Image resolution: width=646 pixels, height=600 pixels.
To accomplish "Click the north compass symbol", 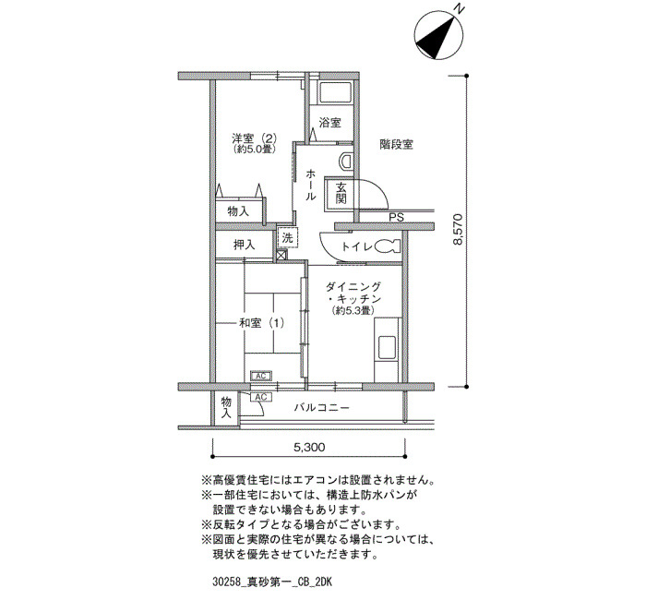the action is (x=439, y=34).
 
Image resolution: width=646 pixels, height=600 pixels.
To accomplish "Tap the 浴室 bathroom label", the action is (x=330, y=123).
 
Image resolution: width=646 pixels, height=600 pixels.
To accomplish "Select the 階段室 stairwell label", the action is (x=396, y=145).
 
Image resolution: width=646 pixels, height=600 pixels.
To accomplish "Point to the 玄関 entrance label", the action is (x=341, y=193).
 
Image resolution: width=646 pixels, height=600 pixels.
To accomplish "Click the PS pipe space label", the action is (x=397, y=218).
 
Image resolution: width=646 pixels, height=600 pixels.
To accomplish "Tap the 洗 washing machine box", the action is (x=288, y=237).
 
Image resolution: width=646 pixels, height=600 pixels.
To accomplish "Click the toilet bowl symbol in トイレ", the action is (x=388, y=246).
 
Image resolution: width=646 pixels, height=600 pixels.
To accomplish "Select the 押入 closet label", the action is (x=245, y=246).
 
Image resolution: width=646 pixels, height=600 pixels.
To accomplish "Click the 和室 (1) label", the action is (x=261, y=323).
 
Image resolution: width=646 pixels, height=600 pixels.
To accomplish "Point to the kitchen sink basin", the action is (x=387, y=346).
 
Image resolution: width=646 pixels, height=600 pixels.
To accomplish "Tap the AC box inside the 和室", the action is (x=261, y=376).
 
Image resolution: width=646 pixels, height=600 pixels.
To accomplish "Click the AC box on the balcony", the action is (x=261, y=397).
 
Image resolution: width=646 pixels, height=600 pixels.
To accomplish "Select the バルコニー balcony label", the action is (x=322, y=408).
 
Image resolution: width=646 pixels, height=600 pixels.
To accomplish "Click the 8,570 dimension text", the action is (x=458, y=230).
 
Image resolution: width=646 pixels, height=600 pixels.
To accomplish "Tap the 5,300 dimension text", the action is (x=309, y=447).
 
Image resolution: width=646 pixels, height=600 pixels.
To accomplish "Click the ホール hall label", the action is (x=310, y=185).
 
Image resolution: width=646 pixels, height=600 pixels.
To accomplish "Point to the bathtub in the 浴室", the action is (x=336, y=93).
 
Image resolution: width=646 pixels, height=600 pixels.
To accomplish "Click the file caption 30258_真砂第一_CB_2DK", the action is (x=273, y=582).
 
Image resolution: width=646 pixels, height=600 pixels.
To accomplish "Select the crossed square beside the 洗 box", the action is (x=281, y=256).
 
